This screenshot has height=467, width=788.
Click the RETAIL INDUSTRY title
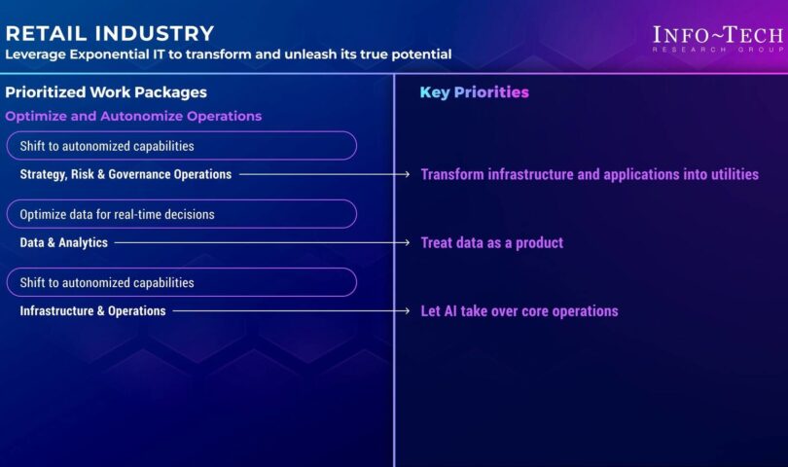pos(110,34)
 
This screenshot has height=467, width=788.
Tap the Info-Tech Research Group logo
pos(718,39)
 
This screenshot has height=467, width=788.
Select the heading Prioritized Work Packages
pos(106,92)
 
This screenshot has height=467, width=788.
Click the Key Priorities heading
pos(475,92)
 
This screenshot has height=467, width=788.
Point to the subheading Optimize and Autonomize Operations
pos(133,116)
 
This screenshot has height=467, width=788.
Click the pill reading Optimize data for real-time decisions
pos(181,214)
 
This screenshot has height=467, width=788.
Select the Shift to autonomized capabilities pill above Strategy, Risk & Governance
pos(181,146)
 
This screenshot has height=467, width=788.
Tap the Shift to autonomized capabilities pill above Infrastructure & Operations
pos(181,282)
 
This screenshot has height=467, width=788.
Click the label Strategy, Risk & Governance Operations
pos(125,174)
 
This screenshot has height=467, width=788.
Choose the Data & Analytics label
pos(64,243)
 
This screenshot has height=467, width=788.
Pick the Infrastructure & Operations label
pos(92,311)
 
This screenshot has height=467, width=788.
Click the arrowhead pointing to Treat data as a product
pos(407,243)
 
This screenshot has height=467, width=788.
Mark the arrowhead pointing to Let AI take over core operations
pos(407,311)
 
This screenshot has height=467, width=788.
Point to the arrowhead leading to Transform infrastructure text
pos(407,174)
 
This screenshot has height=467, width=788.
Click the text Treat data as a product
pos(492,243)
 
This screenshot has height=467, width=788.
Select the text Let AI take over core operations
pos(519,311)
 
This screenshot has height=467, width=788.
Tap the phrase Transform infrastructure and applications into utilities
pos(590,174)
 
